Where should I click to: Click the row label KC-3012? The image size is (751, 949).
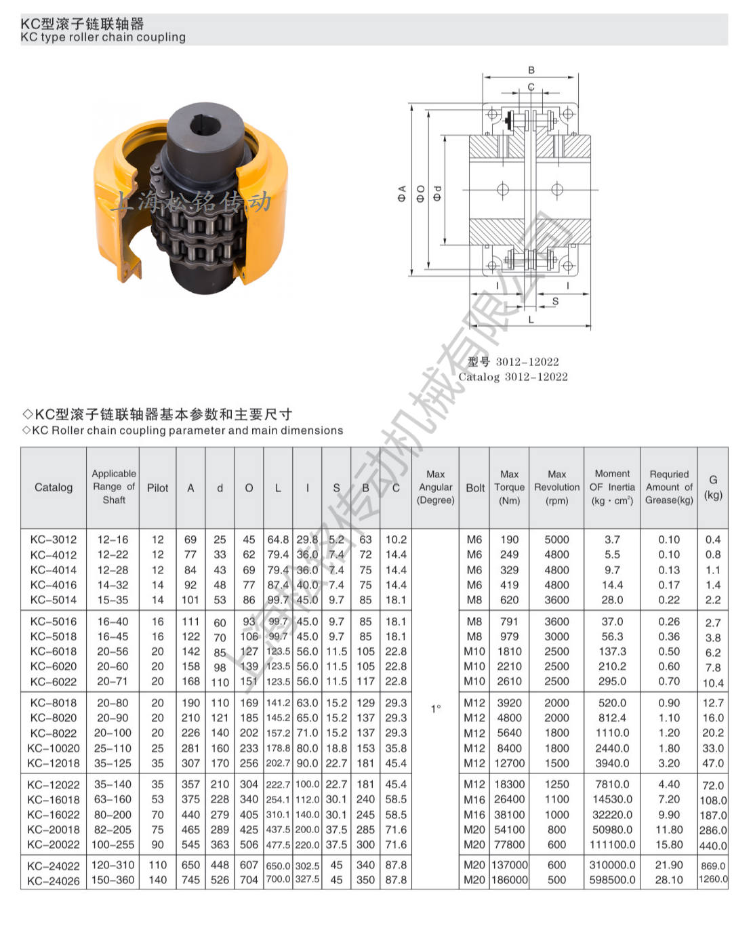pyautogui.click(x=54, y=540)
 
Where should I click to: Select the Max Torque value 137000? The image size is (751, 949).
pyautogui.click(x=509, y=865)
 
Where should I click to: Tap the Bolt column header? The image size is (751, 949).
pyautogui.click(x=475, y=487)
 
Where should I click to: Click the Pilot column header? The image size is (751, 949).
pyautogui.click(x=157, y=487)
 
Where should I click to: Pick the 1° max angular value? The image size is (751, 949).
pyautogui.click(x=436, y=708)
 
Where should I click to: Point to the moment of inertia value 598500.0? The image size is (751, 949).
pyautogui.click(x=612, y=880)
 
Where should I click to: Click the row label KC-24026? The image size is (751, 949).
pyautogui.click(x=54, y=881)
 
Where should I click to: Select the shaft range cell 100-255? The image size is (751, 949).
pyautogui.click(x=113, y=845)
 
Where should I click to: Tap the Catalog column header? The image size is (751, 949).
pyautogui.click(x=54, y=487)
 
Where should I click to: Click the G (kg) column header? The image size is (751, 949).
pyautogui.click(x=713, y=487)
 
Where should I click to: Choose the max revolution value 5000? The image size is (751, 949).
pyautogui.click(x=556, y=540)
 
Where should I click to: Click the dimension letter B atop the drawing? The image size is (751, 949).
pyautogui.click(x=531, y=70)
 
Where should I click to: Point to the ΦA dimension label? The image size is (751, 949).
pyautogui.click(x=402, y=193)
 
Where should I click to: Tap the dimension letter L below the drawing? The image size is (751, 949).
pyautogui.click(x=531, y=319)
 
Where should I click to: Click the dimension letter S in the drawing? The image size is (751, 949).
pyautogui.click(x=556, y=301)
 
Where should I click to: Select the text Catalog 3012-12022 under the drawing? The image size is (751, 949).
pyautogui.click(x=513, y=377)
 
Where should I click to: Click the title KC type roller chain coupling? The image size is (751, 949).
pyautogui.click(x=103, y=37)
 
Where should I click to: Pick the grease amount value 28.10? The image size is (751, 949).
pyautogui.click(x=668, y=880)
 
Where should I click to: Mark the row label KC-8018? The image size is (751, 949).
pyautogui.click(x=54, y=703)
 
